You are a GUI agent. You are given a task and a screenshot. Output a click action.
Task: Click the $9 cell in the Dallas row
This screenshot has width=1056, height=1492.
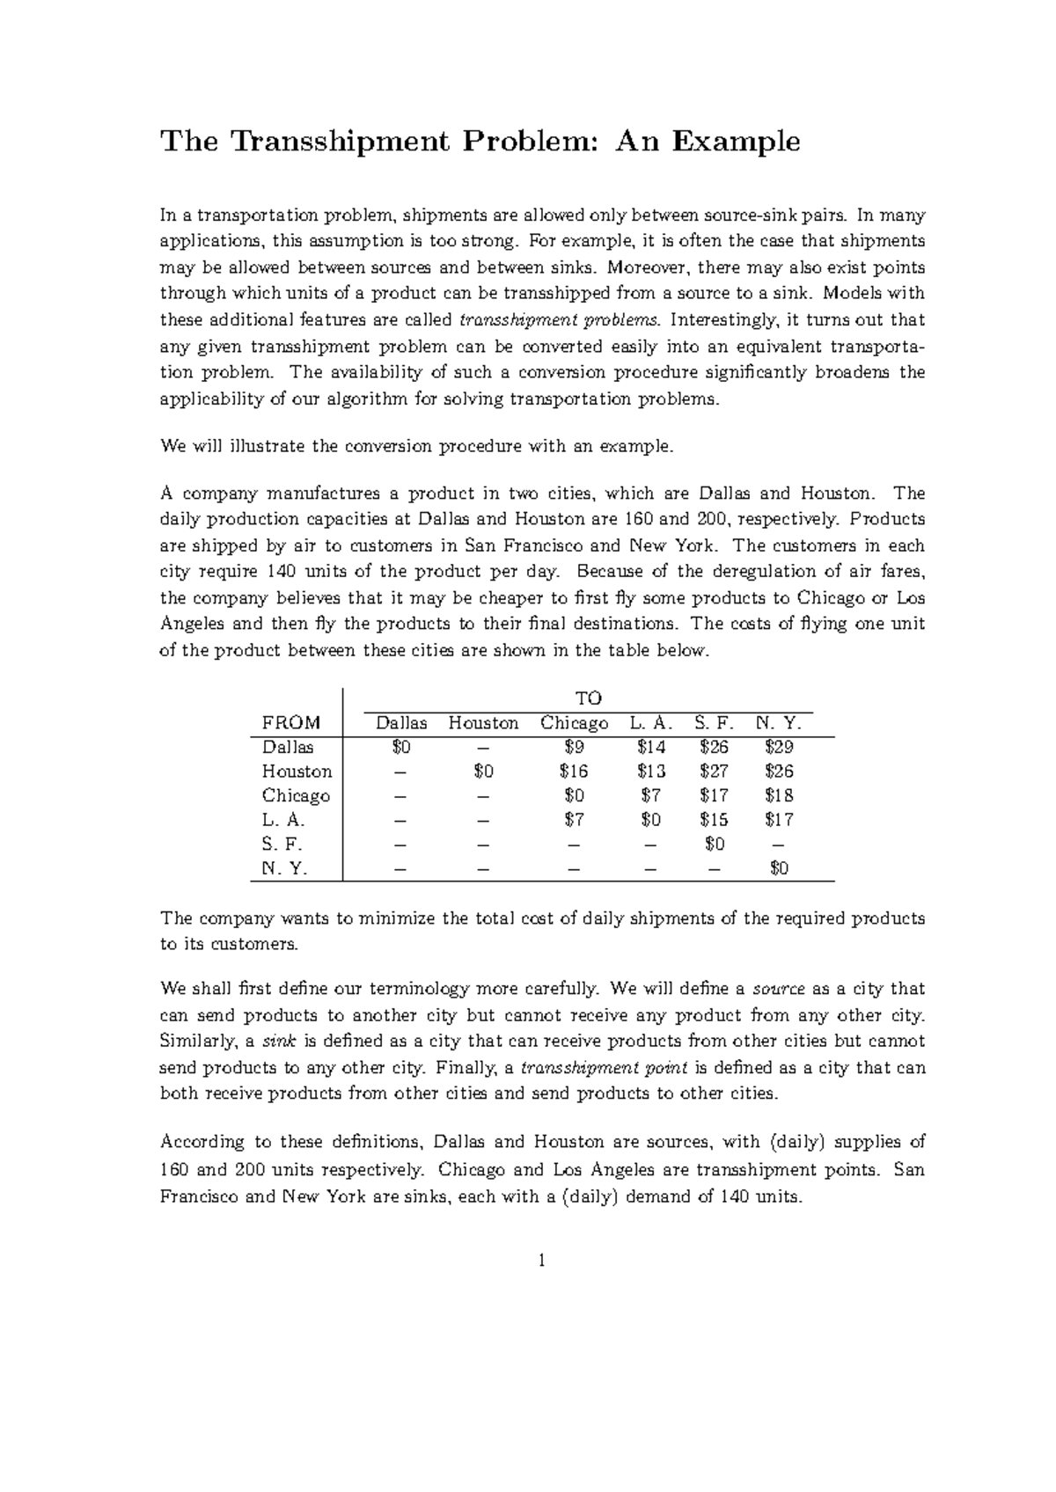[573, 747]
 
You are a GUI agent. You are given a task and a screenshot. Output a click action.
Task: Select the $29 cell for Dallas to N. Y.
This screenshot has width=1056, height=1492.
[779, 747]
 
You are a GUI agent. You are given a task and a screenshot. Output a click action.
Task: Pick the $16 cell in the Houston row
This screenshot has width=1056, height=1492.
[573, 772]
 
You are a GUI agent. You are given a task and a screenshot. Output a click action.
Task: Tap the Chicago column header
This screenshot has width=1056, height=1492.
[574, 723]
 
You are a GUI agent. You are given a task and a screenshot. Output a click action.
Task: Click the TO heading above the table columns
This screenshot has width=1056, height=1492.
[588, 698]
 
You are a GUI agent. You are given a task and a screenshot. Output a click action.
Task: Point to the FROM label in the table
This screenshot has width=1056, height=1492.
[291, 723]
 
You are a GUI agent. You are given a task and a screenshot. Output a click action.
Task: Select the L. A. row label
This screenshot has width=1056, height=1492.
[283, 820]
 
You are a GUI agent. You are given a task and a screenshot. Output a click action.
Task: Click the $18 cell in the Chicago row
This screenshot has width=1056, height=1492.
[779, 796]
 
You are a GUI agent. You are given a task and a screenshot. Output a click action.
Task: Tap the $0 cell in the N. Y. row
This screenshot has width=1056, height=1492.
[779, 868]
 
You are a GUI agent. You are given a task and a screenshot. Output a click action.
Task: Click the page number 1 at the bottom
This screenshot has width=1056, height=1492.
[542, 1261]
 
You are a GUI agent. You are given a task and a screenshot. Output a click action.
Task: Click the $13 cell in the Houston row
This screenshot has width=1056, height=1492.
[651, 772]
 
